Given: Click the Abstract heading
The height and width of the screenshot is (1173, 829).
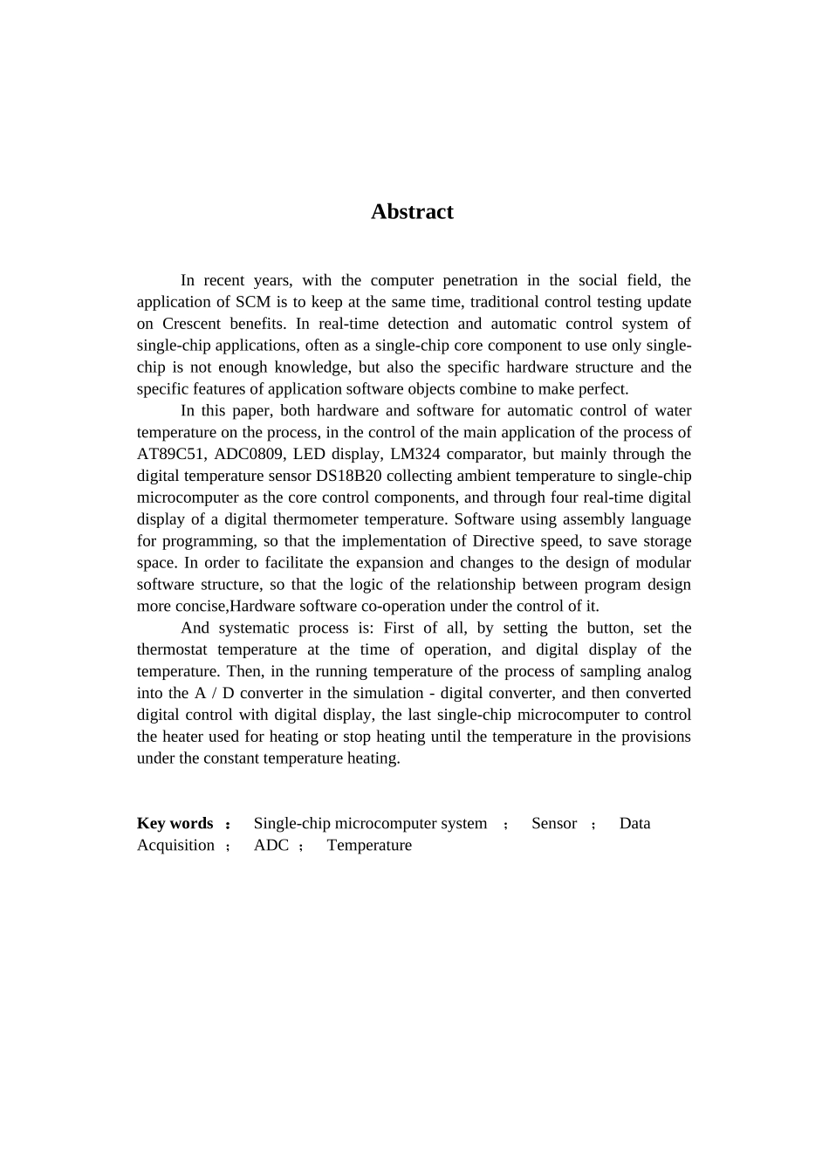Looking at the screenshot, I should pos(412,212).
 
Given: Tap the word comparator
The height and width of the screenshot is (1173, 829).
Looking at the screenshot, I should pos(478,454).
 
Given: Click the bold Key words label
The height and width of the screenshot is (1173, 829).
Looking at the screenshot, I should pos(175,823).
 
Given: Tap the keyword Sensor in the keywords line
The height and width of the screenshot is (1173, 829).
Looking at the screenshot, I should pos(554,823).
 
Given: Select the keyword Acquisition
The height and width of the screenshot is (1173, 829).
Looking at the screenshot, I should pos(175,845).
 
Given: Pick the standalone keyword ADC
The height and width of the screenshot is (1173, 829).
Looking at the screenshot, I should pos(271,845).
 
